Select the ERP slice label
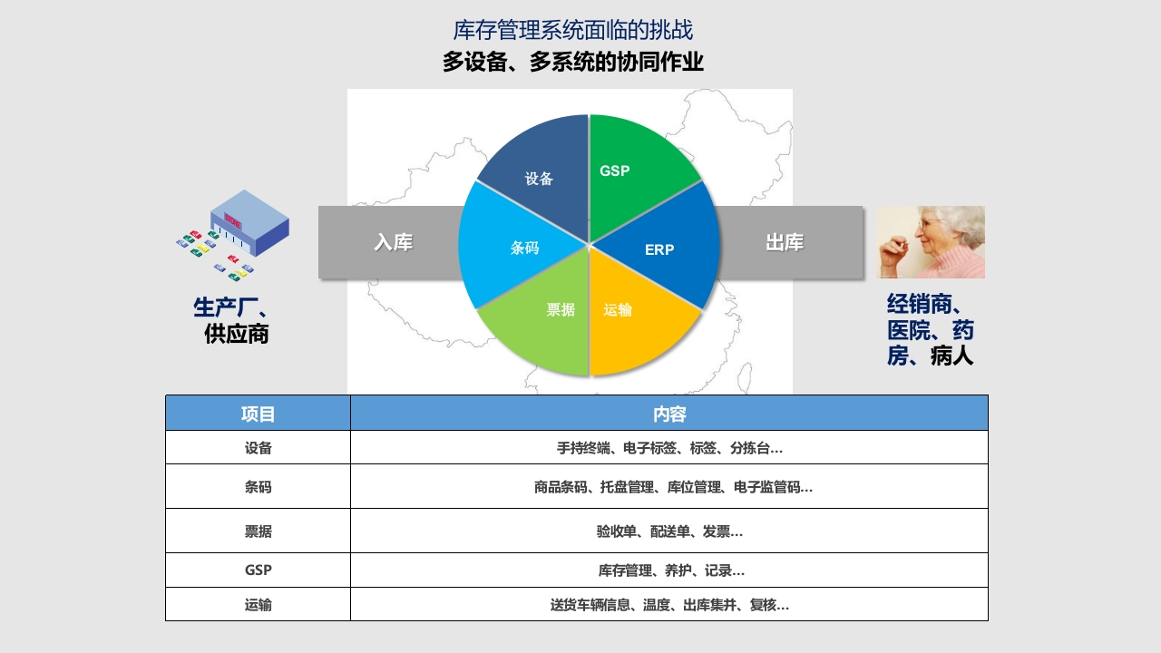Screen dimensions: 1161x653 [x=659, y=249]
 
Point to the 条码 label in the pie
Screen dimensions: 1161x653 [x=524, y=248]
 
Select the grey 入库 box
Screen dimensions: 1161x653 [x=391, y=242]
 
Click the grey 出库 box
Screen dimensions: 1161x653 [x=789, y=242]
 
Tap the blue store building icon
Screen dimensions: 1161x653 [x=249, y=223]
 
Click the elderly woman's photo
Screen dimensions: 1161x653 [x=931, y=242]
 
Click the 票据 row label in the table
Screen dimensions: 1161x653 [x=259, y=531]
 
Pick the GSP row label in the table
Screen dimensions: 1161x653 [x=259, y=570]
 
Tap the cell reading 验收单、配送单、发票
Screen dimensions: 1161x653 [x=669, y=531]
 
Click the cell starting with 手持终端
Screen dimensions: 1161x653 [x=669, y=447]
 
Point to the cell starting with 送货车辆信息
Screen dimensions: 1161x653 [x=669, y=604]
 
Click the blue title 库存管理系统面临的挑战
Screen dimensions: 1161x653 [x=572, y=30]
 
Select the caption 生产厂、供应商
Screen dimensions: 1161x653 [x=231, y=320]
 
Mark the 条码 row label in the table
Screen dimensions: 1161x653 [x=259, y=487]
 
